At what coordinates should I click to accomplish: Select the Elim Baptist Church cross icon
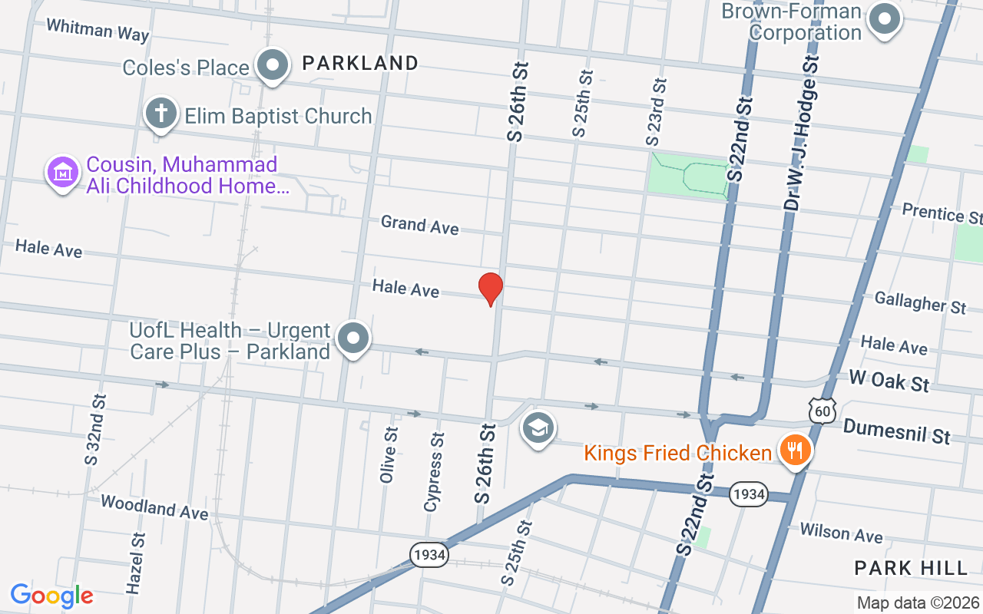(161, 114)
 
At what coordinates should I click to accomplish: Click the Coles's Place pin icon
(272, 65)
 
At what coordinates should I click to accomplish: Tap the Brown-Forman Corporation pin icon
(885, 20)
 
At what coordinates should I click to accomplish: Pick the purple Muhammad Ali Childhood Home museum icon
(63, 173)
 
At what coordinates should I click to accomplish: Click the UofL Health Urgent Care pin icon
(353, 338)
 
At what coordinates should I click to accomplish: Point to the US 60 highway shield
(822, 411)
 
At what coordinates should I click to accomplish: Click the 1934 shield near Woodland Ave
(429, 555)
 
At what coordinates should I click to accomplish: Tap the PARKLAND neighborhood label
(360, 63)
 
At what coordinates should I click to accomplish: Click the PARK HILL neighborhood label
(912, 568)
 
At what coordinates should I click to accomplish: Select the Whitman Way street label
(98, 30)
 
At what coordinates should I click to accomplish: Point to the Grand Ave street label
(420, 225)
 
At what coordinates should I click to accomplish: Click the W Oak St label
(889, 380)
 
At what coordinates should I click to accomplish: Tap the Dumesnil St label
(896, 431)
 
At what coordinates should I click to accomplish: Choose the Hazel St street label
(136, 563)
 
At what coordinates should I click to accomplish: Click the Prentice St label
(942, 213)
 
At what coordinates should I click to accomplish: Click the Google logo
(51, 595)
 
